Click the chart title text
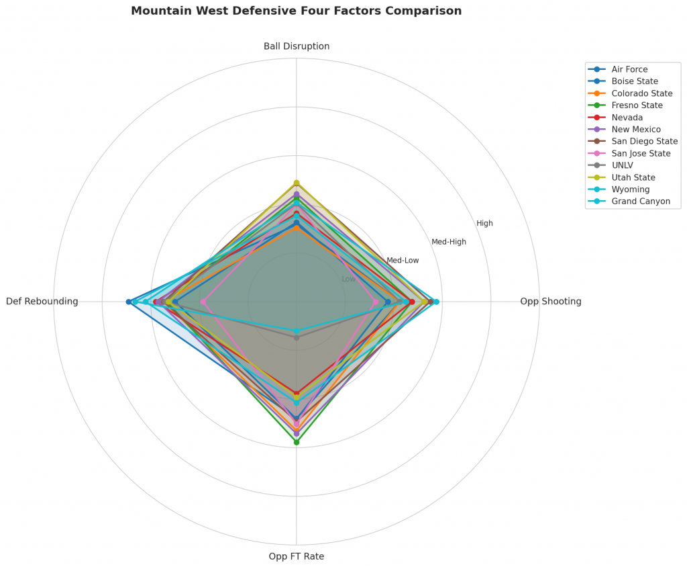tap(296, 11)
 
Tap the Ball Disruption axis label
tap(297, 46)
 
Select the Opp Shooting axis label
tap(550, 302)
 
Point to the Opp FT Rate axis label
tap(297, 556)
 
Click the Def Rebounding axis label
tap(42, 302)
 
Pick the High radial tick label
tap(484, 224)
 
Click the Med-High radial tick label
tap(449, 242)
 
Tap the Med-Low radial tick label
tap(403, 261)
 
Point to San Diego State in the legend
tap(644, 142)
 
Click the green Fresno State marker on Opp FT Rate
tap(297, 442)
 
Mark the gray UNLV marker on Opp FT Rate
tap(297, 337)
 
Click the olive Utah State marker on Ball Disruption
tap(297, 183)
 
